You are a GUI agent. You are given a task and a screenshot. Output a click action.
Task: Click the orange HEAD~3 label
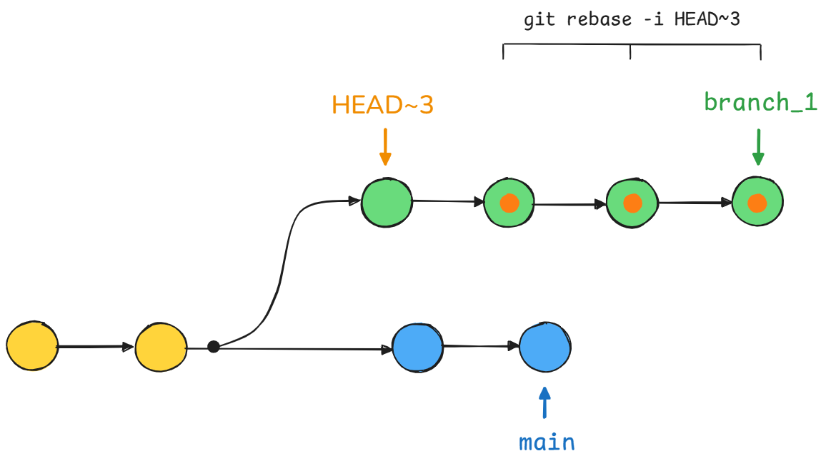pyautogui.click(x=382, y=105)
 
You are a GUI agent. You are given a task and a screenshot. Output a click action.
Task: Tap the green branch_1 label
pyautogui.click(x=761, y=102)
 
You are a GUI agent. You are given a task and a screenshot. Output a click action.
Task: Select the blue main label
pyautogui.click(x=547, y=443)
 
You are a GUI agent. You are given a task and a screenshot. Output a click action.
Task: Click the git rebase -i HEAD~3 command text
pyautogui.click(x=632, y=19)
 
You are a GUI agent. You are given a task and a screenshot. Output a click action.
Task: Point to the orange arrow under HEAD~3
pyautogui.click(x=385, y=147)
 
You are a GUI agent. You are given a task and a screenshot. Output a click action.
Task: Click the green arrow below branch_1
pyautogui.click(x=758, y=147)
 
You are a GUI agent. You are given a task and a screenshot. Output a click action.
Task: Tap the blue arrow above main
pyautogui.click(x=544, y=403)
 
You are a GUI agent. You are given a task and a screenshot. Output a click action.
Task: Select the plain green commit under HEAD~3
pyautogui.click(x=387, y=203)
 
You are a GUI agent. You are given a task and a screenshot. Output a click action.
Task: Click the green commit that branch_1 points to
pyautogui.click(x=757, y=201)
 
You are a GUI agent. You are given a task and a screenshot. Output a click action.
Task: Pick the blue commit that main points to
pyautogui.click(x=544, y=347)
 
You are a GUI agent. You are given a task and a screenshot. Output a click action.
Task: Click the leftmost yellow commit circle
pyautogui.click(x=32, y=345)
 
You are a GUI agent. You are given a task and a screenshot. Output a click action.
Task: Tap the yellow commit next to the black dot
pyautogui.click(x=161, y=347)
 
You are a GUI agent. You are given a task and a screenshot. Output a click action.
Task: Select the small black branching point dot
pyautogui.click(x=214, y=347)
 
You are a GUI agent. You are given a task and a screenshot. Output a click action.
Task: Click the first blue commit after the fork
pyautogui.click(x=418, y=348)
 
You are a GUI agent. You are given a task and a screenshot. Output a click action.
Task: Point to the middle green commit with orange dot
pyautogui.click(x=632, y=203)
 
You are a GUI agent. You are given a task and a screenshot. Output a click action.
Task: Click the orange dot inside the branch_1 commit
pyautogui.click(x=757, y=203)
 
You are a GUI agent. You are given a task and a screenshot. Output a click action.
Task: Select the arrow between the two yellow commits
pyautogui.click(x=95, y=347)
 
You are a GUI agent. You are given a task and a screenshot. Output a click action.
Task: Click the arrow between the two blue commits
pyautogui.click(x=482, y=346)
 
